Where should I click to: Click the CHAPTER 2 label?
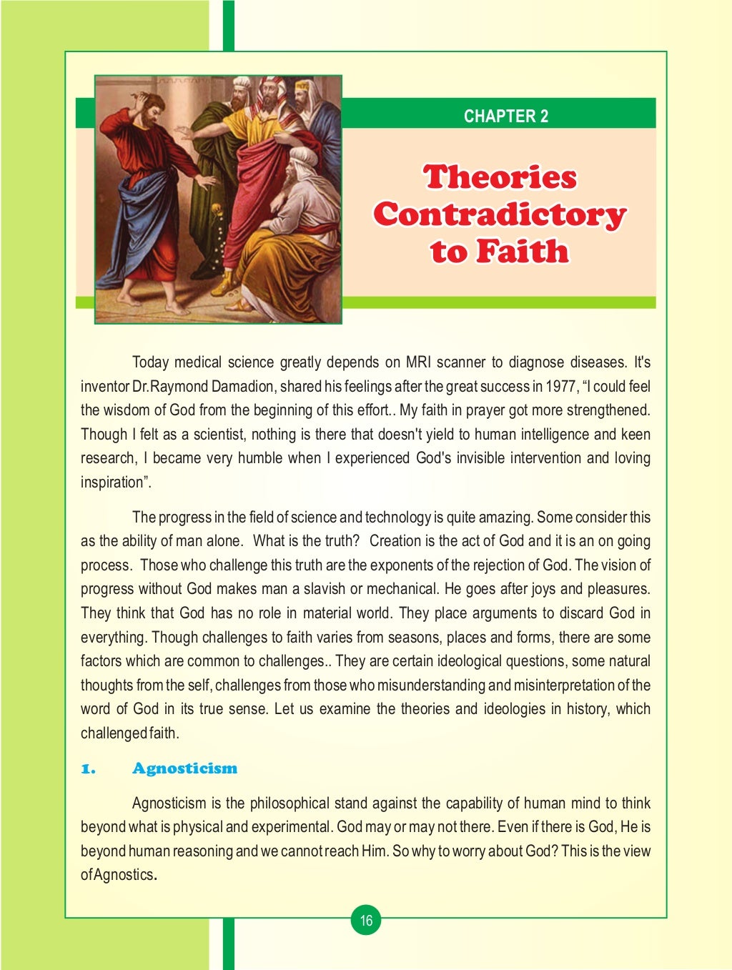point(505,116)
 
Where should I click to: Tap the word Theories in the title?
point(500,177)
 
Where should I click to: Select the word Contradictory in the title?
point(500,214)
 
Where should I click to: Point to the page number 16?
point(366,920)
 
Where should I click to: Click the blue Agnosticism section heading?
point(184,768)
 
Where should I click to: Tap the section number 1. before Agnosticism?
point(87,769)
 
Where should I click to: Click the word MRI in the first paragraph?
point(418,362)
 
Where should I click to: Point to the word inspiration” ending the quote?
point(116,482)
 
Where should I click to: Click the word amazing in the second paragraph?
point(507,518)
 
